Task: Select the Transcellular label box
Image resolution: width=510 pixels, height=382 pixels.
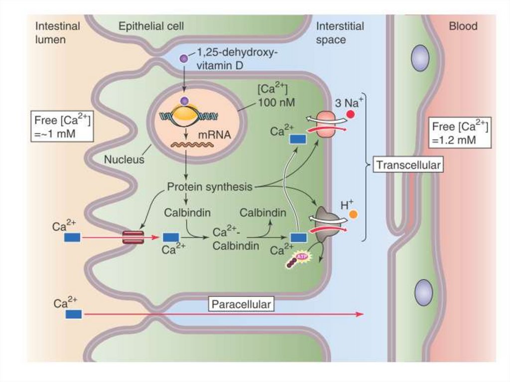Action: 408,165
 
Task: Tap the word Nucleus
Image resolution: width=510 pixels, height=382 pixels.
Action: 124,160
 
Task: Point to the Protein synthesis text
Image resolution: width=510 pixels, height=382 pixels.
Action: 209,187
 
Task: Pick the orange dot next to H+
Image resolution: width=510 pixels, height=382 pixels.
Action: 353,215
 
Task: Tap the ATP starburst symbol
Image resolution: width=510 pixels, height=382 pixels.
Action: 300,256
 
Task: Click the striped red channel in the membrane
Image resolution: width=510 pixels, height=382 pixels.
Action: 133,238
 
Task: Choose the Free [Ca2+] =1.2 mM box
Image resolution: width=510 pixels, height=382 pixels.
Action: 460,133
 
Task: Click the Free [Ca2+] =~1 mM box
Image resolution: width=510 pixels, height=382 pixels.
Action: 62,127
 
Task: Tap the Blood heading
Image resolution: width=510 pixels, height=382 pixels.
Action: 463,26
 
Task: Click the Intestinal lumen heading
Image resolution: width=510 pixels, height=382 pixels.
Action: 57,32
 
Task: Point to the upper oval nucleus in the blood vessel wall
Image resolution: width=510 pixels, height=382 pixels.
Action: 420,57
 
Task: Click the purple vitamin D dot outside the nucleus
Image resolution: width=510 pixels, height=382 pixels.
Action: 183,58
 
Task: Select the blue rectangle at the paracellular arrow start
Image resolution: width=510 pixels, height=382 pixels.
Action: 73,314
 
